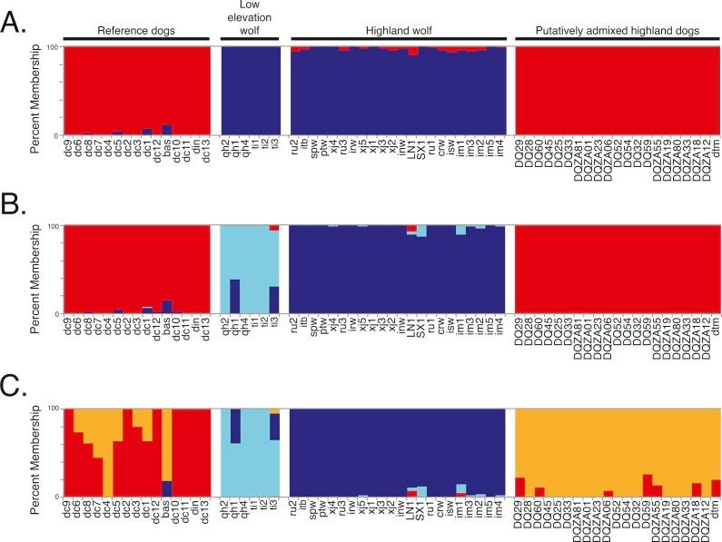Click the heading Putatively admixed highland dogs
618,31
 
